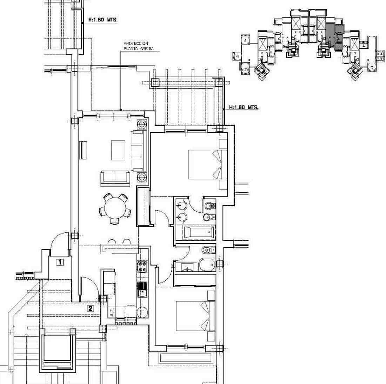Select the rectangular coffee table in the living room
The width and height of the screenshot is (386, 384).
pos(118,150)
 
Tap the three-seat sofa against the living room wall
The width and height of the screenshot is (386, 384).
pos(138,150)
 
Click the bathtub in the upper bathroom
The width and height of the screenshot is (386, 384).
pos(199,232)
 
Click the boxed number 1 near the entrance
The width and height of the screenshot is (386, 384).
pos(60,261)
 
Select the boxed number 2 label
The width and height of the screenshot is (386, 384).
pos(91,308)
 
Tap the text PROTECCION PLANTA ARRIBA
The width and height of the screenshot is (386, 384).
pos(136,46)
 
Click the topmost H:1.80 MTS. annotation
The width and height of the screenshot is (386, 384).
pos(103,20)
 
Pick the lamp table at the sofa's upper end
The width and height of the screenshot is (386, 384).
pos(142,124)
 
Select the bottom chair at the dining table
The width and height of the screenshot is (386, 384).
pos(114,222)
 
